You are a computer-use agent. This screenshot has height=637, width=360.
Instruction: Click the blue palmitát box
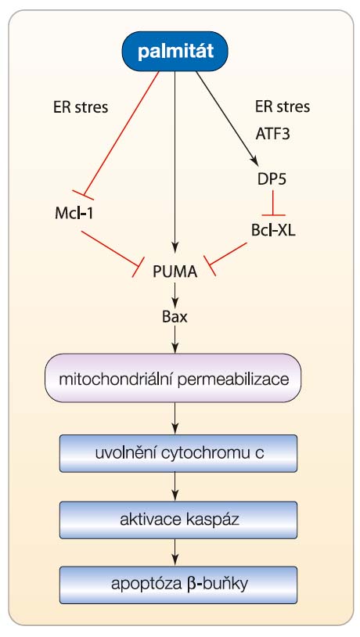tap(175, 52)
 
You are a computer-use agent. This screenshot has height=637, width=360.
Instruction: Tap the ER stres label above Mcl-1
tap(81, 107)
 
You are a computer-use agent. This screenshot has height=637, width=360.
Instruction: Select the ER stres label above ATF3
tap(283, 107)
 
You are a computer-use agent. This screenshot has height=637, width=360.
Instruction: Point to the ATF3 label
tap(273, 134)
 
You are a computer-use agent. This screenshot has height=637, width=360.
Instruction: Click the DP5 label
tap(272, 179)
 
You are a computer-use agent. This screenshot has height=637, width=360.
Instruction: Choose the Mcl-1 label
tap(74, 214)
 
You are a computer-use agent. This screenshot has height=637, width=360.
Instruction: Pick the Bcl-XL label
tap(273, 231)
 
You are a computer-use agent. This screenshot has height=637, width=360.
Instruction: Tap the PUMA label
tap(175, 272)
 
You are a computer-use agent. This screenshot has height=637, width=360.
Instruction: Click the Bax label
tap(175, 317)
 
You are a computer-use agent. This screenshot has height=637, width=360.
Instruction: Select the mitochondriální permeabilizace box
tap(173, 378)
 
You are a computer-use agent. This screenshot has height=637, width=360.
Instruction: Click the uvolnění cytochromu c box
tap(178, 453)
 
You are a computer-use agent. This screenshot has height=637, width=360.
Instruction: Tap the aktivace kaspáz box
tap(178, 520)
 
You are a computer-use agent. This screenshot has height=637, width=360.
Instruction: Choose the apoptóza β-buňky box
tap(178, 585)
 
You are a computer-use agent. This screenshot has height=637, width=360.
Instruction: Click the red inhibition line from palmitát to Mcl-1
tap(121, 133)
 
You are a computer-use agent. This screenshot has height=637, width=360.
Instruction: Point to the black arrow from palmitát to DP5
tap(227, 118)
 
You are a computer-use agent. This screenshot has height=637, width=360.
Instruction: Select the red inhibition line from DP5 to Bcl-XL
tap(273, 203)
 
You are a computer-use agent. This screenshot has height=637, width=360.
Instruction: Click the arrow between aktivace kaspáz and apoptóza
tap(175, 552)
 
